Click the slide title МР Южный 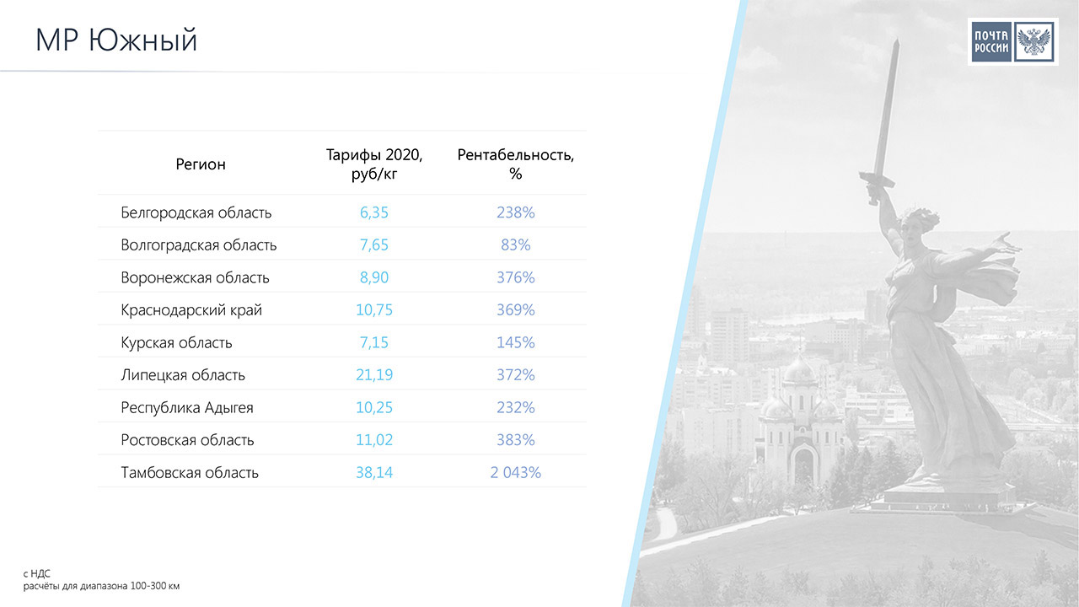tap(116, 40)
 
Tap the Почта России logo tap(1012, 41)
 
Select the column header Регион tap(201, 164)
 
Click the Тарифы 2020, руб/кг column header tap(374, 164)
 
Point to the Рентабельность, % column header tap(515, 164)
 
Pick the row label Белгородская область tap(196, 212)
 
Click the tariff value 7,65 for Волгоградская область tap(373, 245)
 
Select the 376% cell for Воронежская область tap(515, 277)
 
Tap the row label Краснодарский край tap(191, 310)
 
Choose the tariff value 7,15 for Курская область tap(373, 342)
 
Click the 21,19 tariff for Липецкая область tap(374, 375)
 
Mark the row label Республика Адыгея tap(187, 408)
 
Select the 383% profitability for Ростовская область tap(515, 440)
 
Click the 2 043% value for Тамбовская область tap(515, 473)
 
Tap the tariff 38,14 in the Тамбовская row tap(374, 473)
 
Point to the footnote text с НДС tap(36, 573)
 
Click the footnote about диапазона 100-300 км tap(101, 586)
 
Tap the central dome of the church tap(800, 372)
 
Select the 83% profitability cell tap(515, 245)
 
